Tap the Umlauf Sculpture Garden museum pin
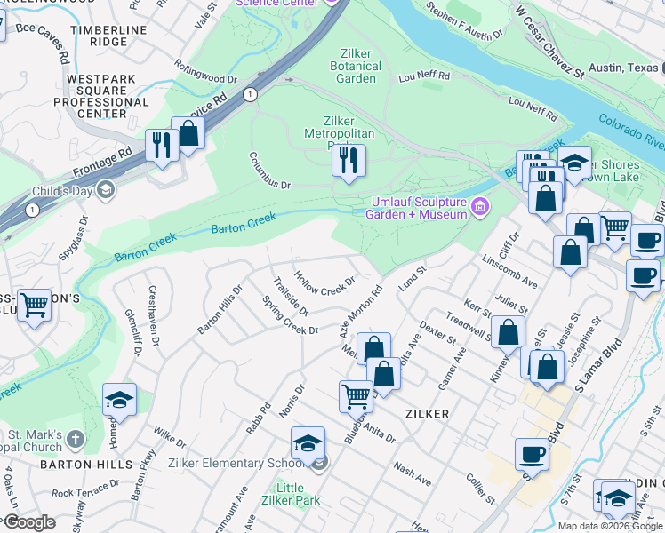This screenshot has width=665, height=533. (x=480, y=207)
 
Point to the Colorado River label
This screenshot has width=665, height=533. (x=631, y=131)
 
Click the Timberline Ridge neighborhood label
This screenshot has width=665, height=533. (x=112, y=36)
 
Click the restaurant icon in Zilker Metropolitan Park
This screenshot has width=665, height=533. (x=348, y=160)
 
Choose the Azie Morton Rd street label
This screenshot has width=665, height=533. (x=359, y=311)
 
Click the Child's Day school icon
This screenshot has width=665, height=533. (x=106, y=188)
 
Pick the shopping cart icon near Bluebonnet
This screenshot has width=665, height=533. (x=356, y=394)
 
